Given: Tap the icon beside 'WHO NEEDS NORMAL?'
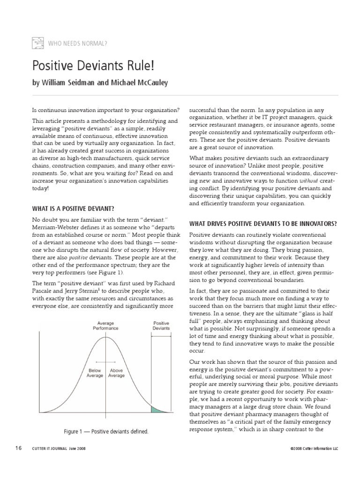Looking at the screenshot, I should click(x=38, y=44).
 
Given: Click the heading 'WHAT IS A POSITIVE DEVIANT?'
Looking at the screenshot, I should click(x=73, y=208).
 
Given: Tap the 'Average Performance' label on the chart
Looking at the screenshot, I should click(x=105, y=326).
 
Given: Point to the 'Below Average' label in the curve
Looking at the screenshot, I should click(x=95, y=373).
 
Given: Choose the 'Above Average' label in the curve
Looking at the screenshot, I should click(x=116, y=373).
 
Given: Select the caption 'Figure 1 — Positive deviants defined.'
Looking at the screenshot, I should click(x=106, y=431).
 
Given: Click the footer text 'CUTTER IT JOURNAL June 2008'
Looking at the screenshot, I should click(x=59, y=449).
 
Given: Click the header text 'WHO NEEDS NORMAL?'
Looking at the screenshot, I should click(x=78, y=44).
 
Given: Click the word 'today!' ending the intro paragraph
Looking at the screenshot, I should click(x=40, y=188).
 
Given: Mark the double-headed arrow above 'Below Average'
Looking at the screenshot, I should click(x=101, y=362).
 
